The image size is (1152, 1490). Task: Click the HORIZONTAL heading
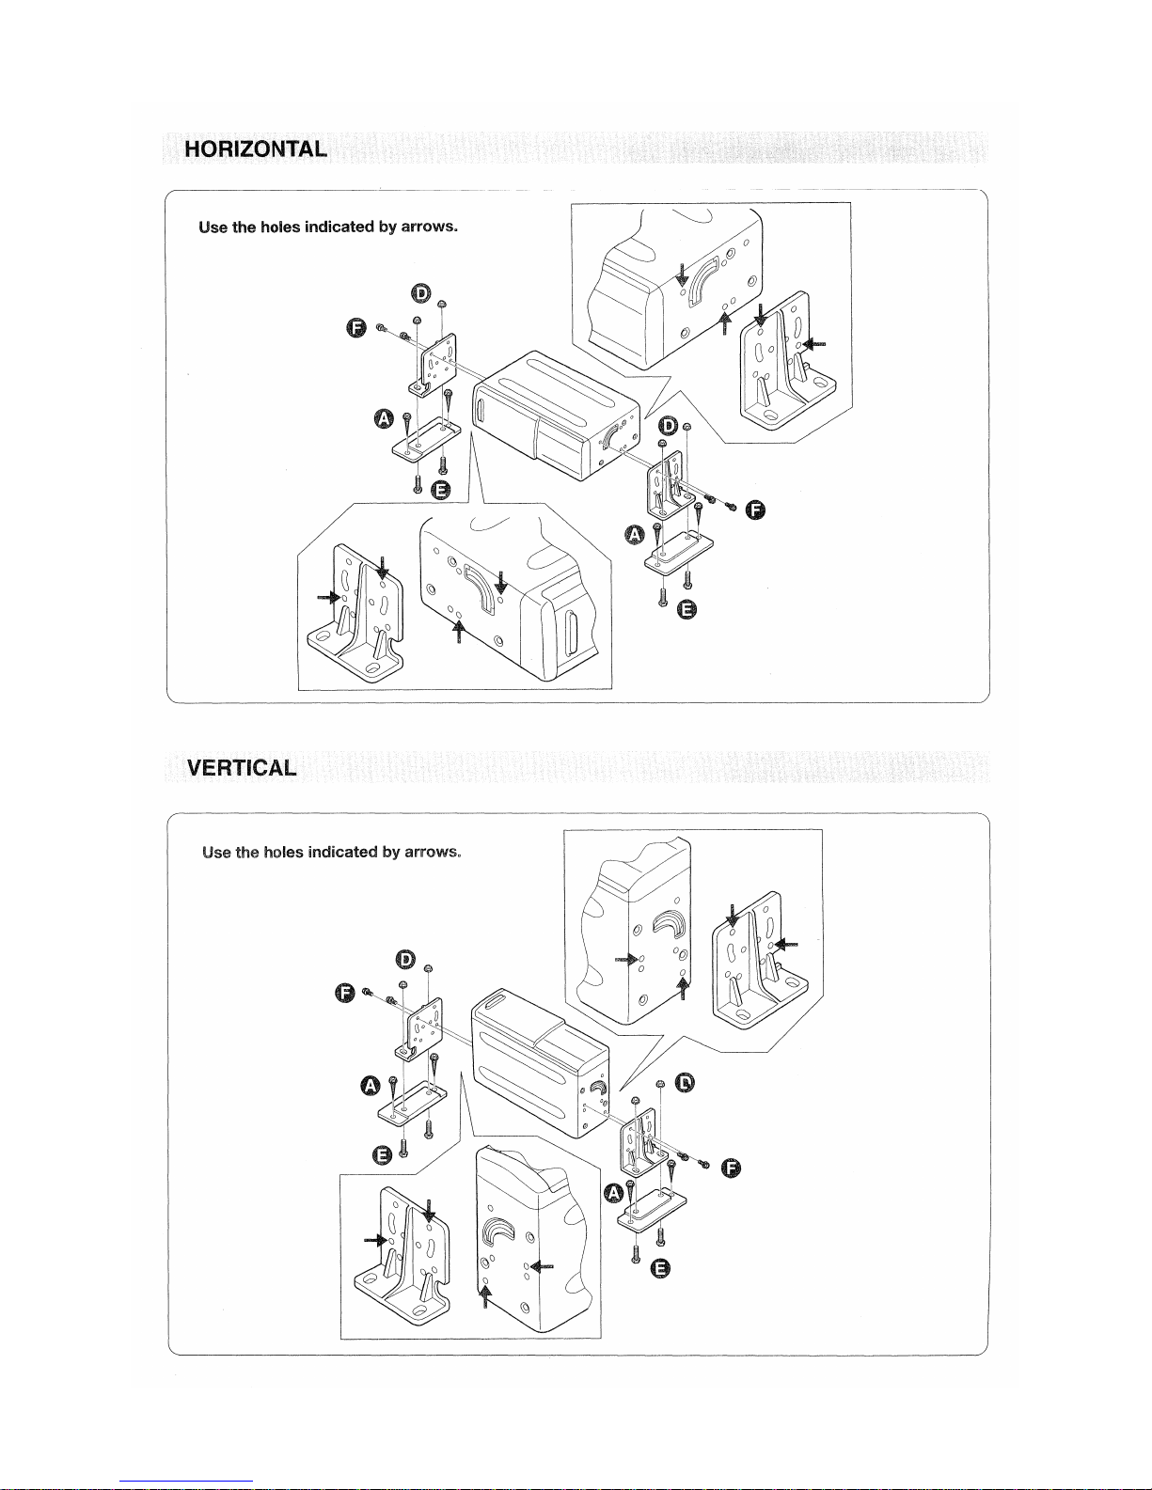(256, 149)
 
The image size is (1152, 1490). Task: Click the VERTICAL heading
(242, 767)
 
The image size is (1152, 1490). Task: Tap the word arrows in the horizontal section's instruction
(429, 227)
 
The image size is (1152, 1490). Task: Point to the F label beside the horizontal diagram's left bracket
(355, 327)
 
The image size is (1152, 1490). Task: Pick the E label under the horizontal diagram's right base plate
(687, 610)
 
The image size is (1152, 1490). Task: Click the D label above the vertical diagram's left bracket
(405, 960)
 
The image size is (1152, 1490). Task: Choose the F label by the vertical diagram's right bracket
(731, 1168)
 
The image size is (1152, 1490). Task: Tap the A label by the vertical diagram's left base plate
(371, 1088)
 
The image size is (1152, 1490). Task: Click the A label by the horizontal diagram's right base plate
(635, 536)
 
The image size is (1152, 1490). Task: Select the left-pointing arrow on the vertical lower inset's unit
(543, 1265)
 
